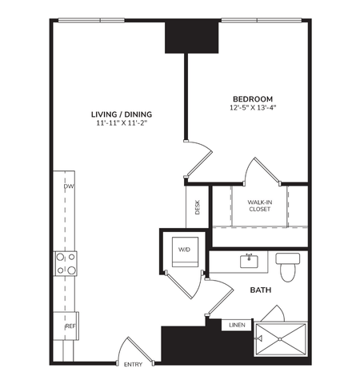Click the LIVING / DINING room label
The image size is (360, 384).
coord(121,114)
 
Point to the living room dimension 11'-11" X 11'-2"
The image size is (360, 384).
coord(121,124)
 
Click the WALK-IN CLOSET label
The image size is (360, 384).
coord(258,206)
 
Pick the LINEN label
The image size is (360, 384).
coord(238,325)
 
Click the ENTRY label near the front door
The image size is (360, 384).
coord(133,366)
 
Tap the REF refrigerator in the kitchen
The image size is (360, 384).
coord(70,327)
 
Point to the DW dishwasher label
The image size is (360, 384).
coord(70,187)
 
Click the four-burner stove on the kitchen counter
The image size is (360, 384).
coord(66,263)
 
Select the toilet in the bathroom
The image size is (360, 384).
coord(287,265)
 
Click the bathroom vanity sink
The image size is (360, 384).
coord(250,260)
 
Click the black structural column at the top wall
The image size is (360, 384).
coord(192,37)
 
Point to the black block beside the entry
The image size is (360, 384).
coord(190,344)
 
